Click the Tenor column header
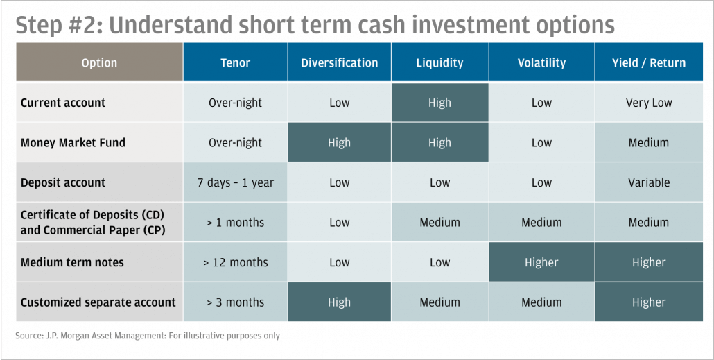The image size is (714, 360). (236, 62)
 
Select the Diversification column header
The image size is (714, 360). (339, 62)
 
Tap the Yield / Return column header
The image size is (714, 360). (649, 62)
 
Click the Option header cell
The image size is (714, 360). (99, 62)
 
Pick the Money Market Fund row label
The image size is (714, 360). (73, 143)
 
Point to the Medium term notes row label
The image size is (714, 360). (72, 262)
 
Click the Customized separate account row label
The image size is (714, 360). (98, 302)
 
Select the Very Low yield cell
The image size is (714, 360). (649, 103)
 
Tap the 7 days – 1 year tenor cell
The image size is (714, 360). (236, 182)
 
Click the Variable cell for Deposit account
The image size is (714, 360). (649, 182)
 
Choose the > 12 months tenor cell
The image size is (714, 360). (236, 262)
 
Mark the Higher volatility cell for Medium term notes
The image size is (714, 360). (541, 262)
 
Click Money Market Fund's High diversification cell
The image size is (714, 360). (339, 143)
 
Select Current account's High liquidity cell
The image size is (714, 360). (439, 103)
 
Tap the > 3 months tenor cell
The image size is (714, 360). (236, 302)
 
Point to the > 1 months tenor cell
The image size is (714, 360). (236, 223)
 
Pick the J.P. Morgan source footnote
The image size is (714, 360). (148, 336)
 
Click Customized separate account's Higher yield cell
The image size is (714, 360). (649, 302)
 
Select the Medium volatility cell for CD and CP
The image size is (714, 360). (541, 223)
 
